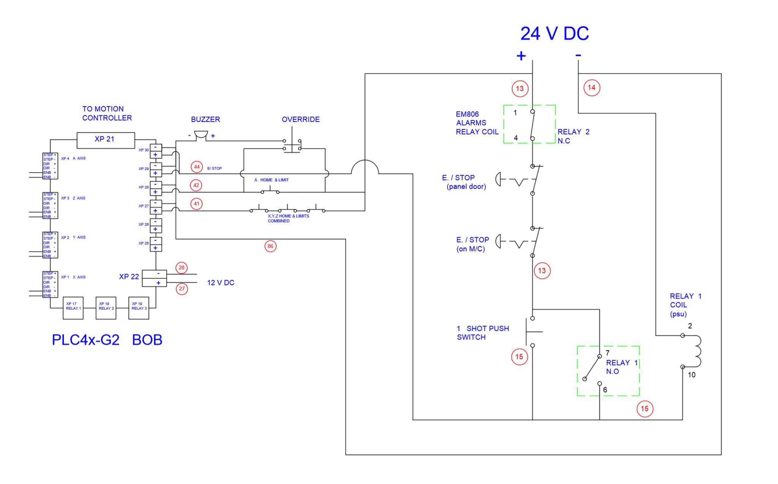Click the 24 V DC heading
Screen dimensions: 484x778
(554, 33)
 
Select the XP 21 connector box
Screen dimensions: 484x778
(106, 140)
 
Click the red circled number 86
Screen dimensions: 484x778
(270, 246)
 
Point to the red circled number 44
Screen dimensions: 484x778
(197, 167)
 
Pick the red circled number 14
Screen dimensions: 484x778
(591, 88)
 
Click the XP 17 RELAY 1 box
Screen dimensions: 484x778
(73, 308)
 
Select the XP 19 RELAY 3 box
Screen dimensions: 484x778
(139, 308)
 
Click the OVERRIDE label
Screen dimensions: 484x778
(300, 119)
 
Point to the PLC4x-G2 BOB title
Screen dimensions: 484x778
(107, 340)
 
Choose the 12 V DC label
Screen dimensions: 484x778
(220, 283)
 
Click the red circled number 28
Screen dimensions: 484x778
(182, 268)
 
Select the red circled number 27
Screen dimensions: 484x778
(182, 289)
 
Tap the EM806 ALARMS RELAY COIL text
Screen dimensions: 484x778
(477, 123)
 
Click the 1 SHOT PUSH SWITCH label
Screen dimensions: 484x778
(482, 333)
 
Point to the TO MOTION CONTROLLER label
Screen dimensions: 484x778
(107, 113)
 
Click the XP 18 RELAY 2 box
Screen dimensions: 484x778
(106, 308)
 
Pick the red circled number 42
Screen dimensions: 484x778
(196, 186)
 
